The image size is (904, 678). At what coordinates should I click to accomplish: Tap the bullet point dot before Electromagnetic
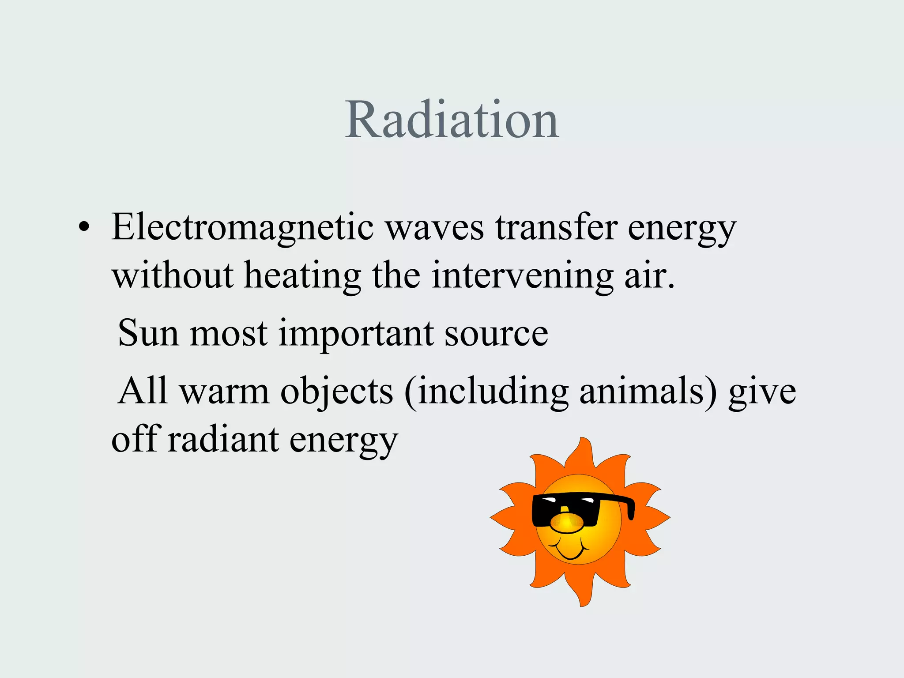tap(83, 228)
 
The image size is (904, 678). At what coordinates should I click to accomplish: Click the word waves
tap(435, 228)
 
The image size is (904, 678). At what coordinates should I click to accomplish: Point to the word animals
tap(642, 391)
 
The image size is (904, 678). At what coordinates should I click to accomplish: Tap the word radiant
tap(223, 440)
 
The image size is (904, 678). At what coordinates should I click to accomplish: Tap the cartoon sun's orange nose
tap(567, 524)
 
